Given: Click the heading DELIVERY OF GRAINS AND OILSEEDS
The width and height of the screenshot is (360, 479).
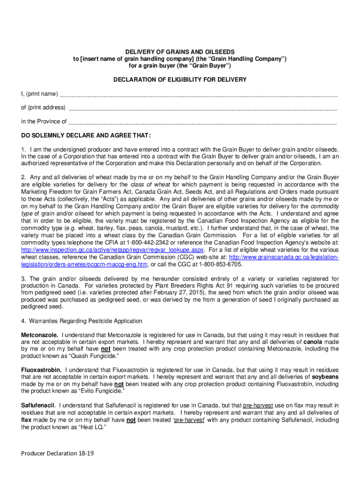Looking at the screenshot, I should coord(180,51).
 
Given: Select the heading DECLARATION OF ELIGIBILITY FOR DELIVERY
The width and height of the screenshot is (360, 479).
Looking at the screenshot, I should coord(180,80).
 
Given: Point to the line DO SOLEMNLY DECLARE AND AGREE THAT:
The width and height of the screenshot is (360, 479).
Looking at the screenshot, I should coord(86,136).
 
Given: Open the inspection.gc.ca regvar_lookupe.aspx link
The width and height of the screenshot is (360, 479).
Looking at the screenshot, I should coord(112,251).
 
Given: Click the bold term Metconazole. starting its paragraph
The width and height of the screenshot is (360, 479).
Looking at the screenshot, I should coord(40,335).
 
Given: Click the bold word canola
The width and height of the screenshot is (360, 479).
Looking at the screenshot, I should coord(314,342).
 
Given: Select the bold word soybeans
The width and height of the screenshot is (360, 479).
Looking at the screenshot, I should coord(325,377).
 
